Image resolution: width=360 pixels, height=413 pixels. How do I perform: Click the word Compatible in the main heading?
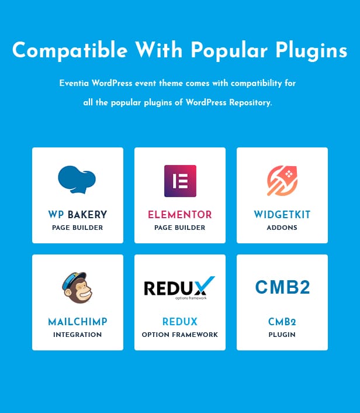(70, 50)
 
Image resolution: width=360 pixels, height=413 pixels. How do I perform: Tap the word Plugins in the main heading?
(311, 50)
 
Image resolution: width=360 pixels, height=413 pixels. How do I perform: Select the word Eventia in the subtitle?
(74, 83)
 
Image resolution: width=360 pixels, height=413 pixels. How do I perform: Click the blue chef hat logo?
(77, 180)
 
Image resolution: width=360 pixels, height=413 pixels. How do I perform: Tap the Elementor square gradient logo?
(180, 181)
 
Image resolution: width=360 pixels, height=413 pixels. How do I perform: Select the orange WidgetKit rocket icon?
(282, 181)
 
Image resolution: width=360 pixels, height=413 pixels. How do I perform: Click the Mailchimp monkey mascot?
(77, 287)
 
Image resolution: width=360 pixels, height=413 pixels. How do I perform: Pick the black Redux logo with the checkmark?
(179, 288)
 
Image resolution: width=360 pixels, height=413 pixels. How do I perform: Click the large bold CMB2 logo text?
(282, 287)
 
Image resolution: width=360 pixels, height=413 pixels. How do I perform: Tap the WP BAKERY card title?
(78, 215)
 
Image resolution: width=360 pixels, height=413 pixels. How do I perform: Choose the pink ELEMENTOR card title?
(180, 215)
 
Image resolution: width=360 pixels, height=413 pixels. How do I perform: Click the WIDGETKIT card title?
(282, 215)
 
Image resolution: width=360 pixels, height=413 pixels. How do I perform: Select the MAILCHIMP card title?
(78, 322)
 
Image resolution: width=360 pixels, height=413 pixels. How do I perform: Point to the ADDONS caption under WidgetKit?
(282, 228)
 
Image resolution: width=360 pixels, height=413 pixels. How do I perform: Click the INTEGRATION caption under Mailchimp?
(77, 335)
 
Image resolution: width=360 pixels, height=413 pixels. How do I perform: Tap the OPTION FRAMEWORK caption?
(180, 335)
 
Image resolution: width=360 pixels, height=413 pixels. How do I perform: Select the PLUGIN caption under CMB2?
(282, 335)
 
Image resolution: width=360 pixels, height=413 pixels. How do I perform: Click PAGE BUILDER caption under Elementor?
(180, 228)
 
